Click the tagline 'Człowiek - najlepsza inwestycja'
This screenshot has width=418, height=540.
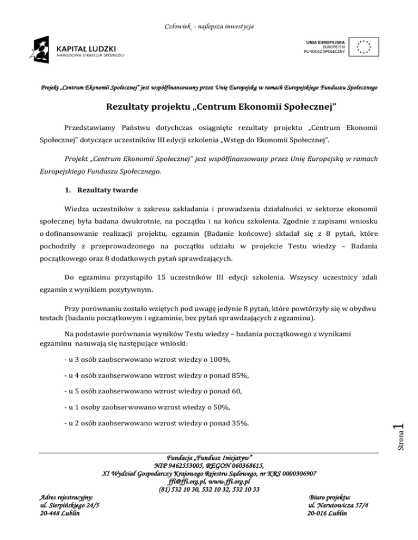click(x=210, y=26)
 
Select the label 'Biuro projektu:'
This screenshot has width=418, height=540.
click(x=329, y=497)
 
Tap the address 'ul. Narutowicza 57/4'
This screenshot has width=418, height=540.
click(x=329, y=505)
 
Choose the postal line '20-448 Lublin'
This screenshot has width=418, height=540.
click(x=57, y=513)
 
